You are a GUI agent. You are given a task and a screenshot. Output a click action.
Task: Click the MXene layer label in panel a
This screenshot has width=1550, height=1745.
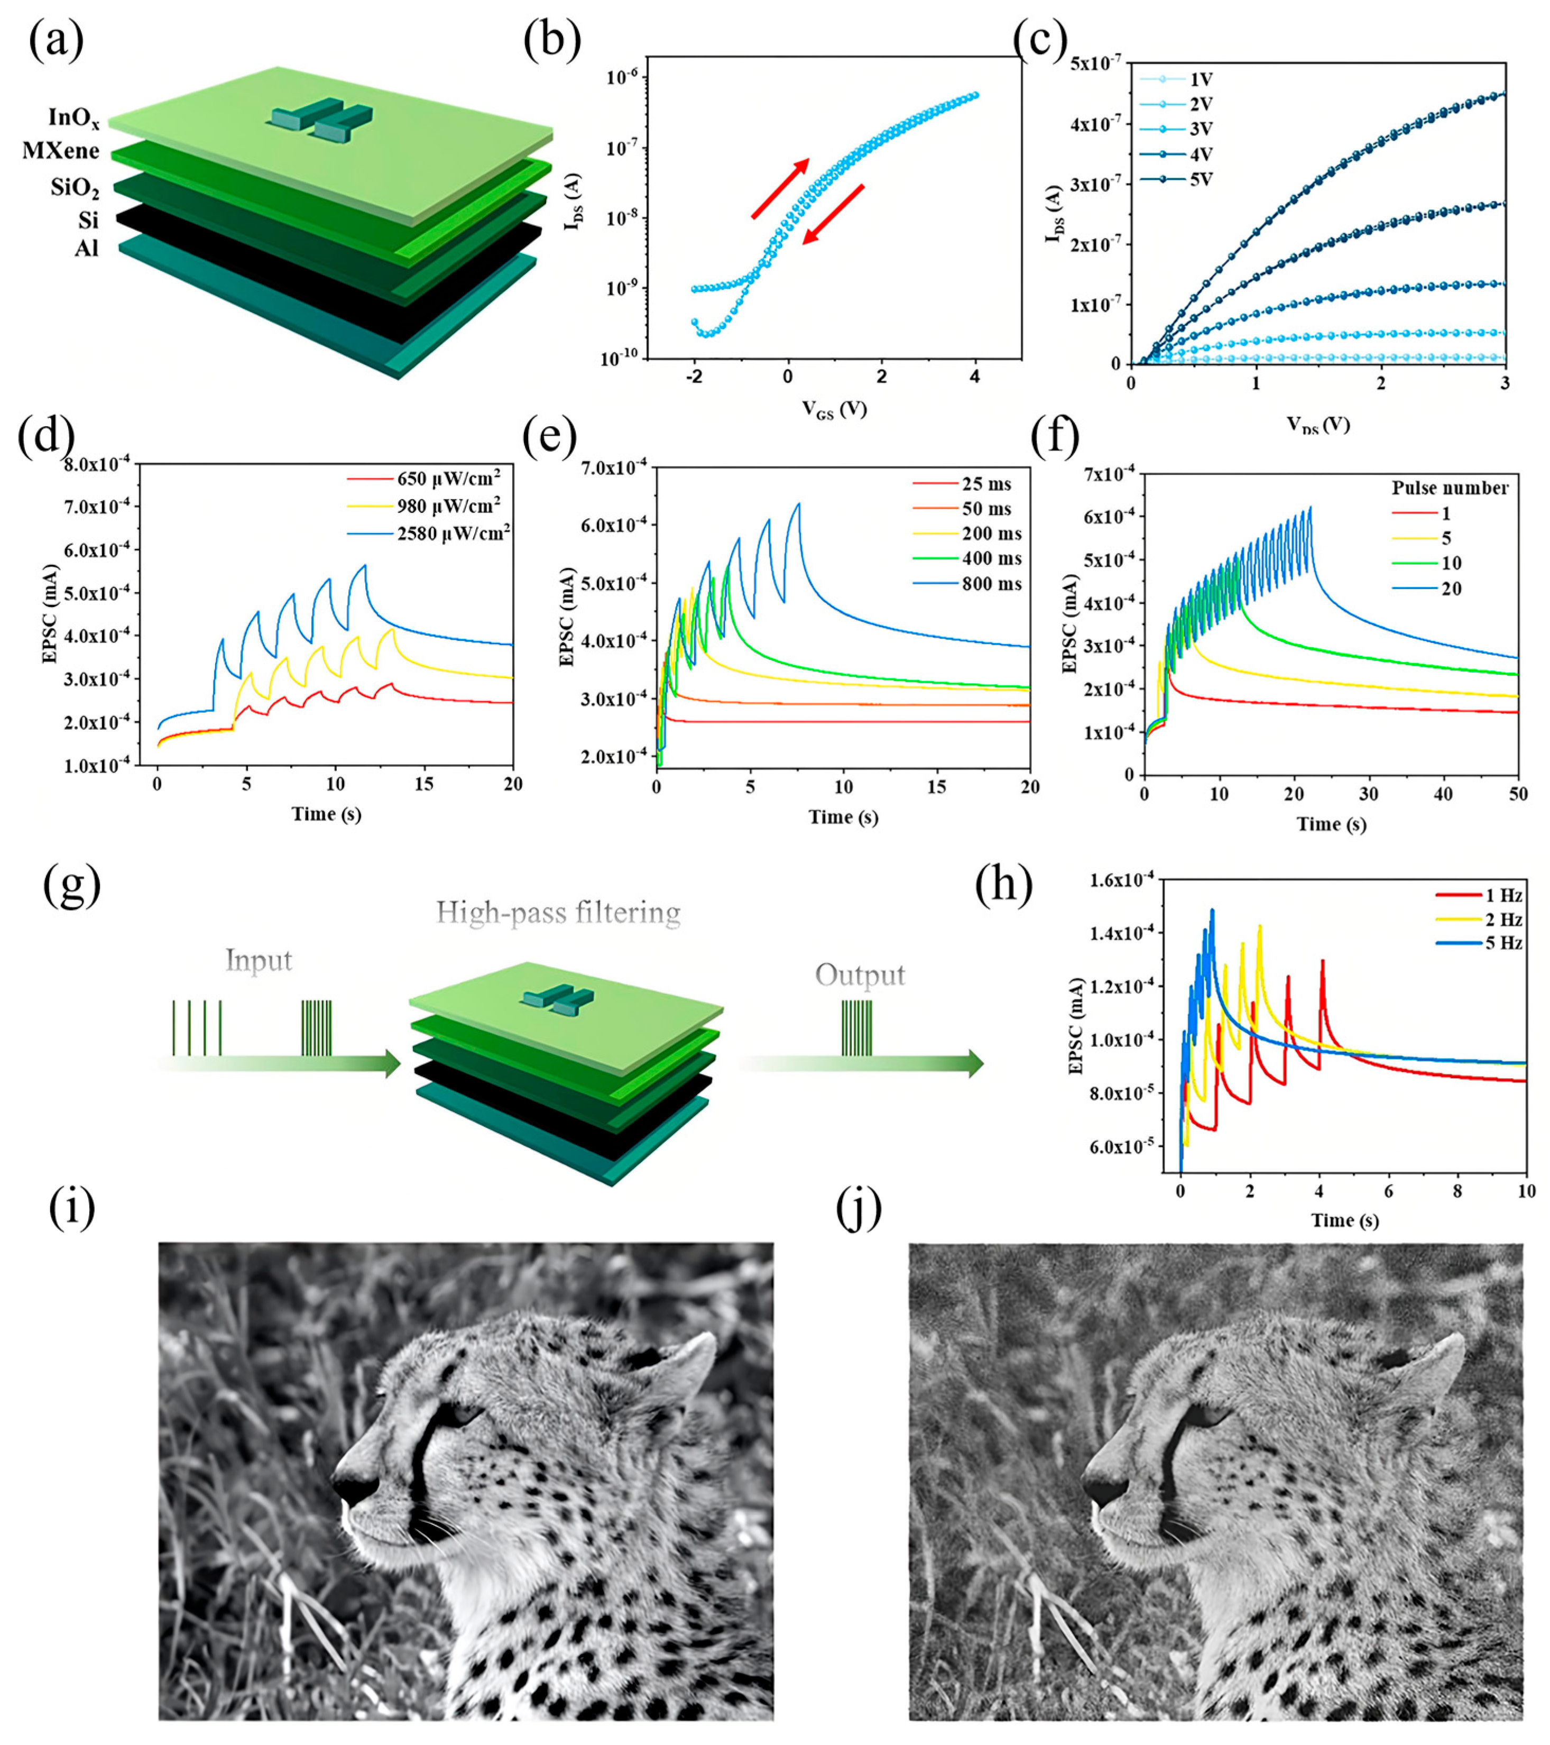tap(61, 152)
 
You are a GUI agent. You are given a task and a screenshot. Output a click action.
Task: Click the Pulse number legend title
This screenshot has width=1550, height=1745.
tap(1449, 488)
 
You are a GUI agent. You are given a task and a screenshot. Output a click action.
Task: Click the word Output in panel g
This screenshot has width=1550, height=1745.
tap(860, 975)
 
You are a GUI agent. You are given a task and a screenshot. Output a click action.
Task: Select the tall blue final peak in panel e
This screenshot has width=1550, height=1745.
tap(799, 504)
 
